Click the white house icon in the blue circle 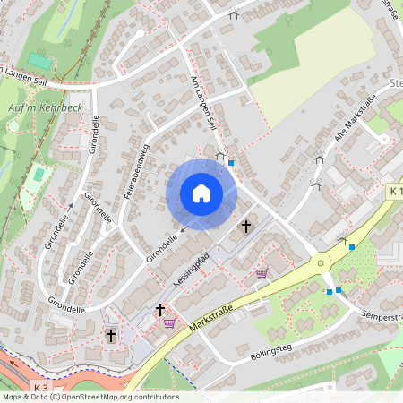point(201,193)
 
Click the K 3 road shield point(39,387)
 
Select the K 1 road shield point(395,192)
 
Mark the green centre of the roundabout point(320,263)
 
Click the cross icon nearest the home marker point(246,227)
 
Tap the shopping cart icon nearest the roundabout point(262,273)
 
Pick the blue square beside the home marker point(231,163)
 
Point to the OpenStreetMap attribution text point(90,397)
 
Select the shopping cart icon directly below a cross point(168,324)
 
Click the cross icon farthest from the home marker point(111,335)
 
